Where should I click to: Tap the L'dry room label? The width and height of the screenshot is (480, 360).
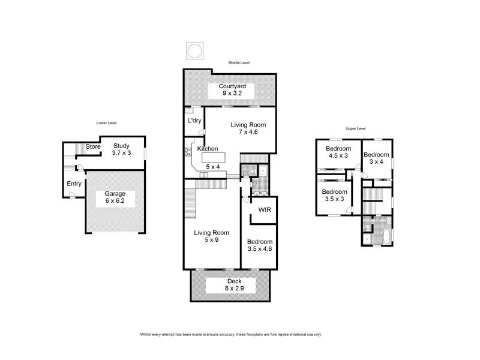click(194, 121)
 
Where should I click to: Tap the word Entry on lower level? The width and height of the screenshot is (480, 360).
click(74, 184)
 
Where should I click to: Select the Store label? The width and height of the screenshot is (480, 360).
click(92, 146)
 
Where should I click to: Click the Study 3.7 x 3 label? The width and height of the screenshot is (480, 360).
click(121, 148)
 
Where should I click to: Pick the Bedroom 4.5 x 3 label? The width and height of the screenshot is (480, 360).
click(337, 152)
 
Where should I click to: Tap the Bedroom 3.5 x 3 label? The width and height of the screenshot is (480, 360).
click(331, 196)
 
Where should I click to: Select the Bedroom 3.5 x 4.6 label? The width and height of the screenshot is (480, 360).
click(260, 245)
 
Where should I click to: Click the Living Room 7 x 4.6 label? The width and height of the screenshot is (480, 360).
click(248, 128)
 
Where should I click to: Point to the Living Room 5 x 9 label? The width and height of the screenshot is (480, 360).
click(209, 236)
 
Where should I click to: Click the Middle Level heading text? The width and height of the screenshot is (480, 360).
click(239, 62)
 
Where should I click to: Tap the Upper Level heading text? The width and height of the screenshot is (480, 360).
click(356, 128)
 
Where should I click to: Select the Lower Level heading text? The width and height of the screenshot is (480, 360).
click(107, 122)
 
